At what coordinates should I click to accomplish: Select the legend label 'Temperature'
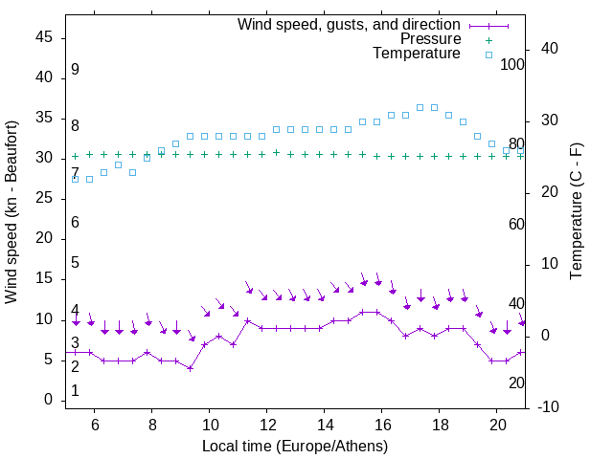click(x=417, y=54)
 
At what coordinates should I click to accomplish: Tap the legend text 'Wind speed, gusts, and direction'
click(x=349, y=24)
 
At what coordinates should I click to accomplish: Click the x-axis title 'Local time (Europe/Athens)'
click(x=295, y=446)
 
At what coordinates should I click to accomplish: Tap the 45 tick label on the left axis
click(x=44, y=38)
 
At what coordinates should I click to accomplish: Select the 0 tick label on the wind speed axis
click(x=48, y=401)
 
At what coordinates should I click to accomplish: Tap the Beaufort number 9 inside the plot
click(x=75, y=70)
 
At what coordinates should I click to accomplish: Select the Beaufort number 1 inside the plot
click(x=75, y=391)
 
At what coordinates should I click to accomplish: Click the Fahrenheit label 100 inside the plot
click(x=512, y=64)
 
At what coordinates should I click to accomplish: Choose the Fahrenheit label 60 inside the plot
click(x=516, y=224)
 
